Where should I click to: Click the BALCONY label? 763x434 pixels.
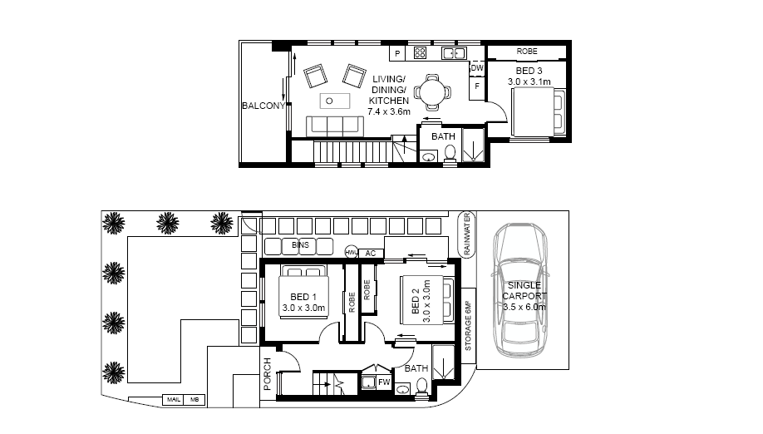263,106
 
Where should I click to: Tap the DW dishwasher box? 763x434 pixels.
477,68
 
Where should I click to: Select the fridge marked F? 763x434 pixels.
477,86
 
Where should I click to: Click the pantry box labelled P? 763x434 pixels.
397,53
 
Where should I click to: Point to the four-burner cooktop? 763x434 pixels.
420,52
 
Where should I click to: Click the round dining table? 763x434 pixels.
432,91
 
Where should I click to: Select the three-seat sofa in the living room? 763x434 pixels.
335,126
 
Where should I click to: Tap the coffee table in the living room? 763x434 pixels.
335,101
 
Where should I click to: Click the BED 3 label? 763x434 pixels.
529,71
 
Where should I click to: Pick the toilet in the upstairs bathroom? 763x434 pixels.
450,153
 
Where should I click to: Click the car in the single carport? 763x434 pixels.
520,289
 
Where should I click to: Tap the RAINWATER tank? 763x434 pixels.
467,235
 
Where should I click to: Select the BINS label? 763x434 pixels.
300,244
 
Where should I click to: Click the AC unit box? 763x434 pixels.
371,254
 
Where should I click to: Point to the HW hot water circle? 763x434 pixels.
352,252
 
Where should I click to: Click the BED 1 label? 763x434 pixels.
303,297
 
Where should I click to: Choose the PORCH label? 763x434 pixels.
267,374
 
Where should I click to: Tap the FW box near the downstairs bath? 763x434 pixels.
385,382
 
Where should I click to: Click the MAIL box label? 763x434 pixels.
174,400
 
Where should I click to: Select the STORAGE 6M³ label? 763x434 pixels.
468,326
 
